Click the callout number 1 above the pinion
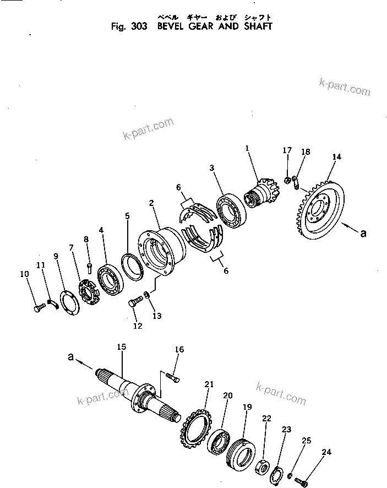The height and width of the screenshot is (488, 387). pos(247,148)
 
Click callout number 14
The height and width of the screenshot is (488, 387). pos(336,157)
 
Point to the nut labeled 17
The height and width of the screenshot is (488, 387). pos(287,180)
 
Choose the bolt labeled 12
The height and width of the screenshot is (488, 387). pos(135,301)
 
